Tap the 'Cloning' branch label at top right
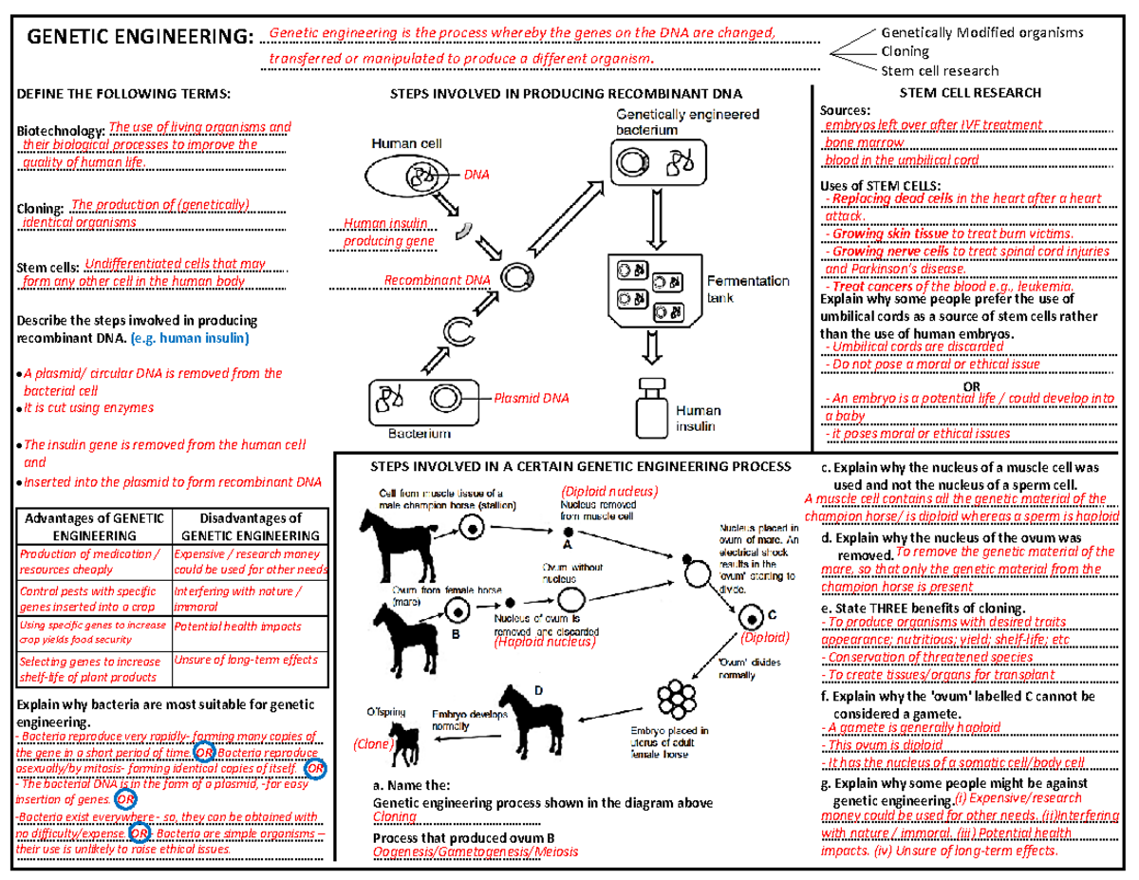pyautogui.click(x=905, y=51)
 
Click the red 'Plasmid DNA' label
pyautogui.click(x=532, y=399)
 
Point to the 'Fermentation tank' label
pyautogui.click(x=748, y=289)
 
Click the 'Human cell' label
pyautogui.click(x=400, y=144)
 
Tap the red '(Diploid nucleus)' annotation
pyautogui.click(x=608, y=491)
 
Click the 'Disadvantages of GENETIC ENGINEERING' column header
pyautogui.click(x=250, y=527)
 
